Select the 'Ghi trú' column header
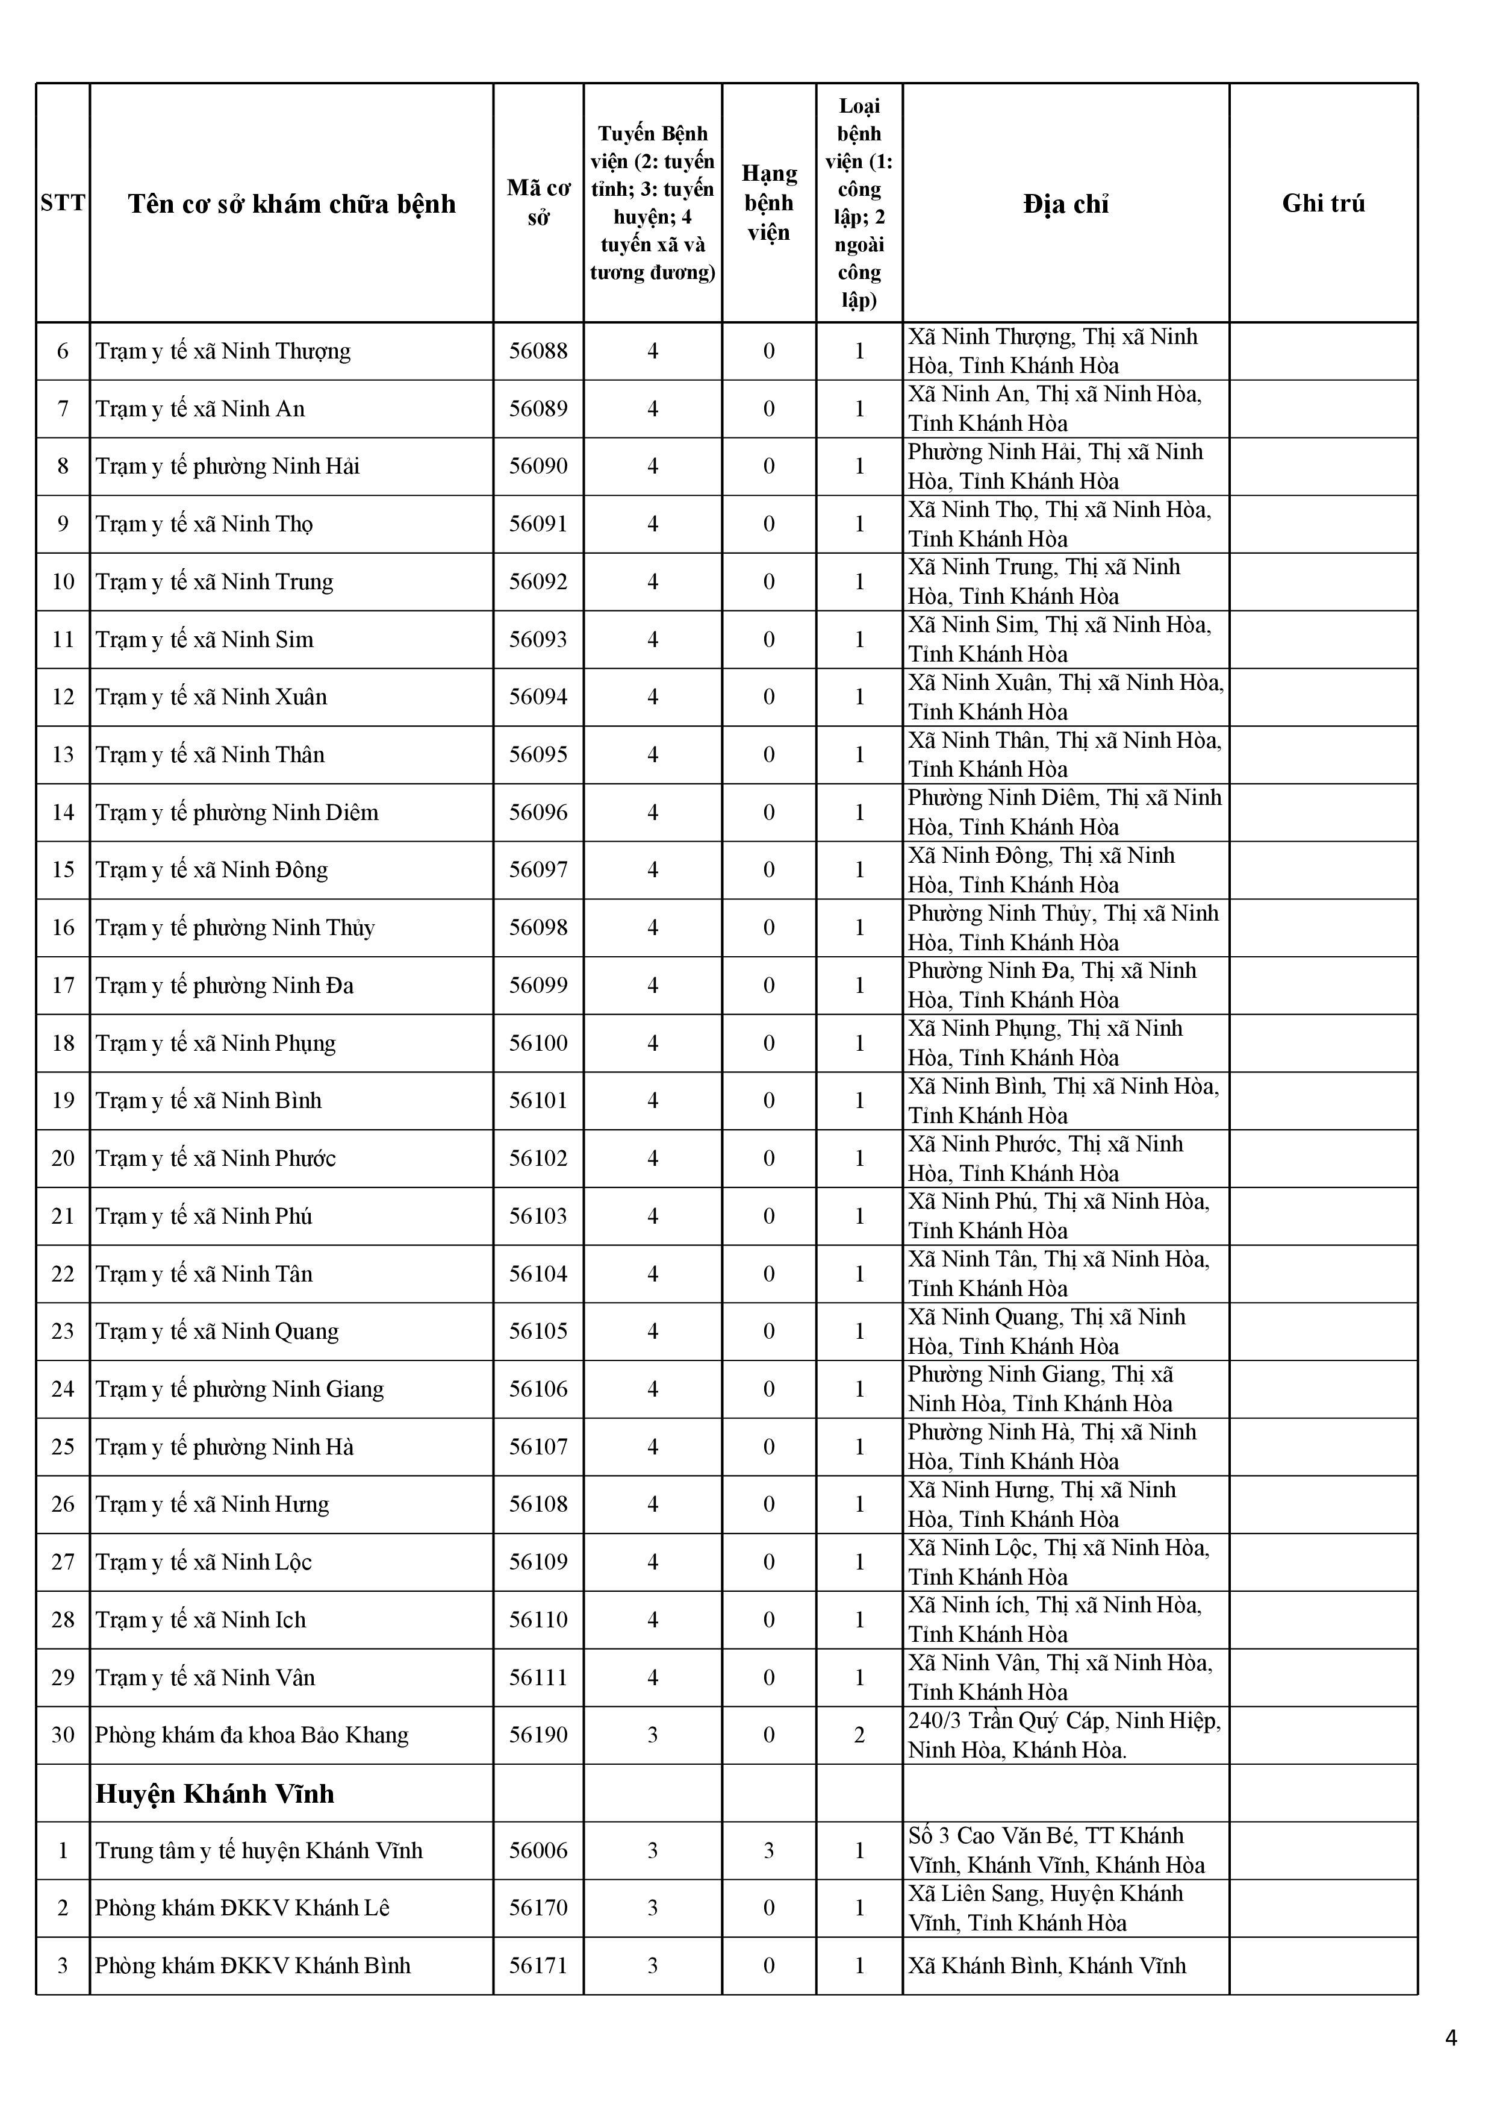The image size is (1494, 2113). [1323, 204]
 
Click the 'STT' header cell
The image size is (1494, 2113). [63, 204]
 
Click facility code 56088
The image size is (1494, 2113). [538, 351]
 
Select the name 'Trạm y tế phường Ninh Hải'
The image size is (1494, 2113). [227, 466]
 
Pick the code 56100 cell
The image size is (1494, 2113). [538, 1043]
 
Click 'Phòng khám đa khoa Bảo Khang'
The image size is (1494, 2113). [251, 1735]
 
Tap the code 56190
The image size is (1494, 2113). [538, 1735]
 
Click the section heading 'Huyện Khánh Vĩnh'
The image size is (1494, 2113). [214, 1792]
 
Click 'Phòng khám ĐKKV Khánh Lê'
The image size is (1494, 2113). [242, 1907]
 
